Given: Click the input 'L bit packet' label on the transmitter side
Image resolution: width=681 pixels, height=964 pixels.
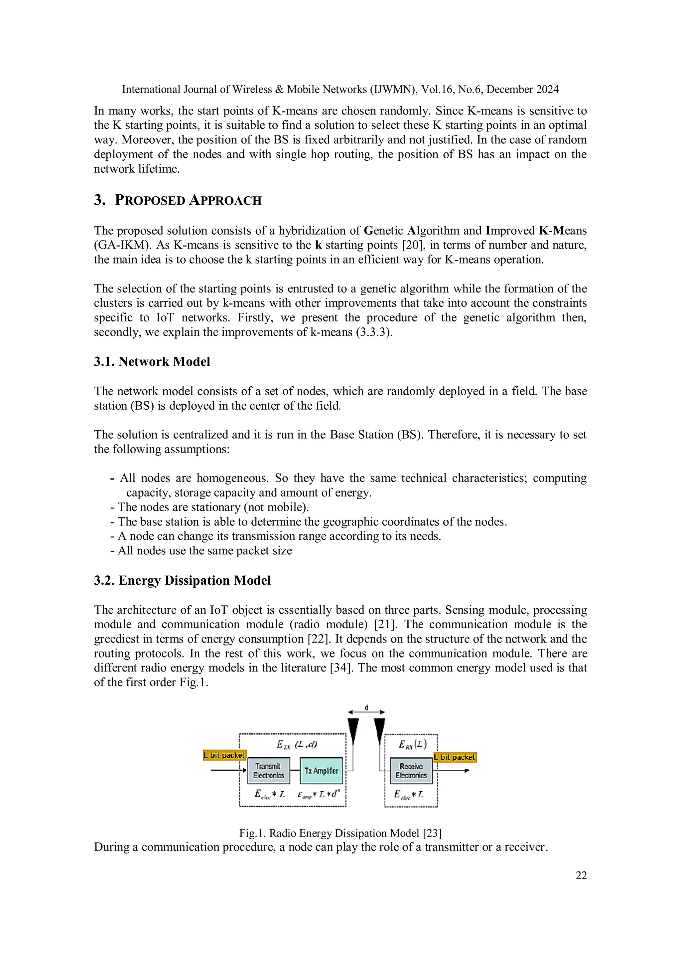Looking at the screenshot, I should click(x=224, y=755).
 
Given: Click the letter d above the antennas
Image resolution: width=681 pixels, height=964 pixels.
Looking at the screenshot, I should click(x=366, y=708).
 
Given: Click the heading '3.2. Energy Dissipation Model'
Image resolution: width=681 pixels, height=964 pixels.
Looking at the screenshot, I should click(x=182, y=580).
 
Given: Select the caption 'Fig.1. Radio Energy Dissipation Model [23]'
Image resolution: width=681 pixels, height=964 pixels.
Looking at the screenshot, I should click(x=340, y=833).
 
